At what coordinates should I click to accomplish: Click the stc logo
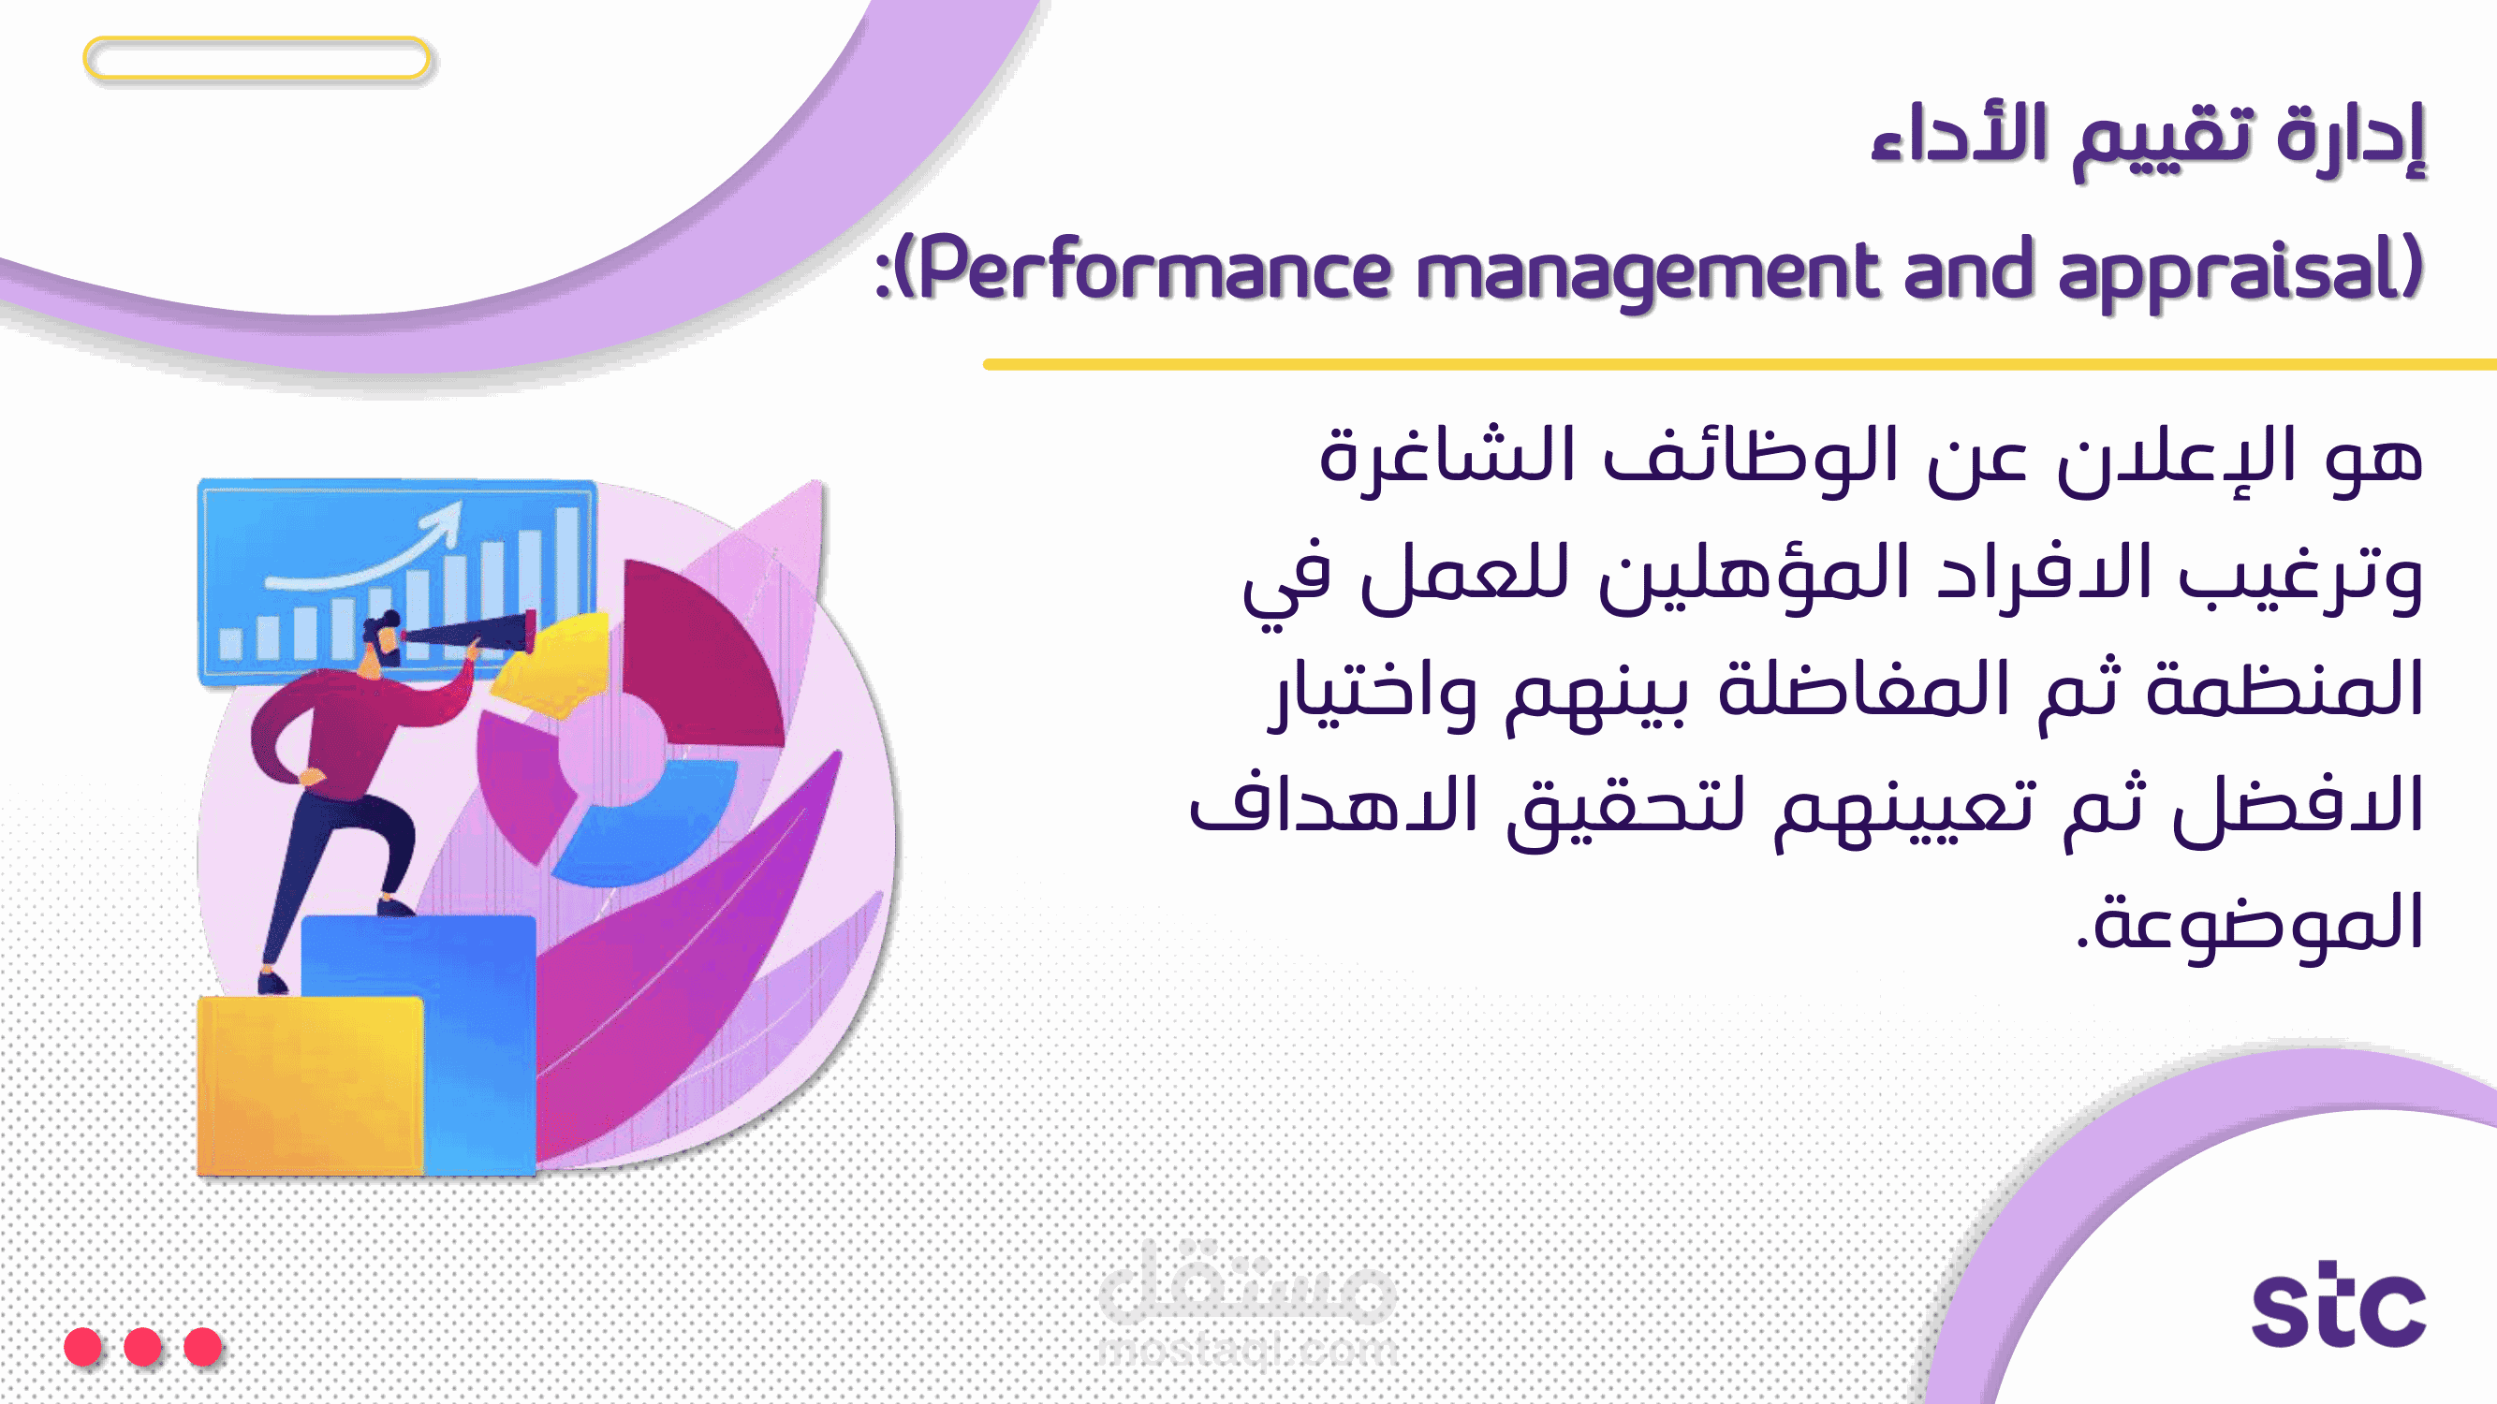click(x=2338, y=1304)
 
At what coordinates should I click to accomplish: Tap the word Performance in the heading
click(x=1154, y=270)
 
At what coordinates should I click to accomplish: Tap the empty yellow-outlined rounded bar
click(x=257, y=58)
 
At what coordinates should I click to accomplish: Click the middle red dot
click(x=142, y=1346)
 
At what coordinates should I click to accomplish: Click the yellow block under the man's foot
click(x=310, y=1086)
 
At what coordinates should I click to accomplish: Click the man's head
click(x=384, y=638)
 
